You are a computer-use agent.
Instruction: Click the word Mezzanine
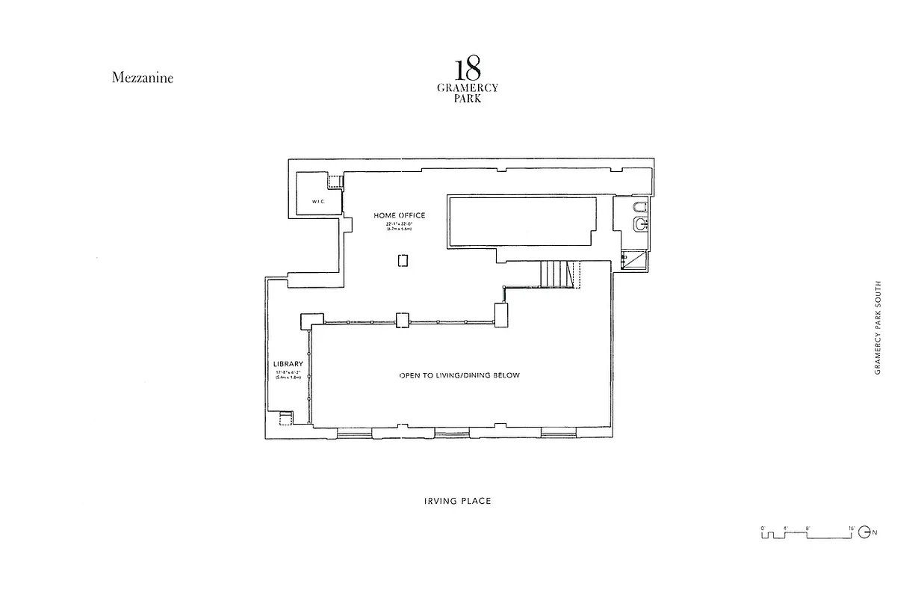pos(142,77)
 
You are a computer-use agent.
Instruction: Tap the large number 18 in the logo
pos(467,69)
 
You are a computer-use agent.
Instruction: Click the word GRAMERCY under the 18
pos(467,88)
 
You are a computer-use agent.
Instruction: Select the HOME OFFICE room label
pos(400,215)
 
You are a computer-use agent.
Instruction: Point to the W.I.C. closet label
pos(315,200)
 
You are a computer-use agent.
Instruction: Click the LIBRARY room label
pos(288,364)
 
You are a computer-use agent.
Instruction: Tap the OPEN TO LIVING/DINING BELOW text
pos(459,375)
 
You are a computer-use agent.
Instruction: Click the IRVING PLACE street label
pos(457,501)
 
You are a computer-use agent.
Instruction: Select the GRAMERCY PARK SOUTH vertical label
pos(878,327)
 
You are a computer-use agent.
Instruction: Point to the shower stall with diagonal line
pos(635,260)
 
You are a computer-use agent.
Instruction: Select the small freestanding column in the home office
pos(403,260)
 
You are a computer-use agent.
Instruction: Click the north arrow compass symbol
pos(865,532)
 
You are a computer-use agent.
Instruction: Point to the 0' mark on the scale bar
pos(763,528)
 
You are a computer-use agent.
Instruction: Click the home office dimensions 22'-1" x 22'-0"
pos(400,226)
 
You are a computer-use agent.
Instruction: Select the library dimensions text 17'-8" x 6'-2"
pos(288,375)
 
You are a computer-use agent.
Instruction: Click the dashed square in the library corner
pos(285,419)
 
